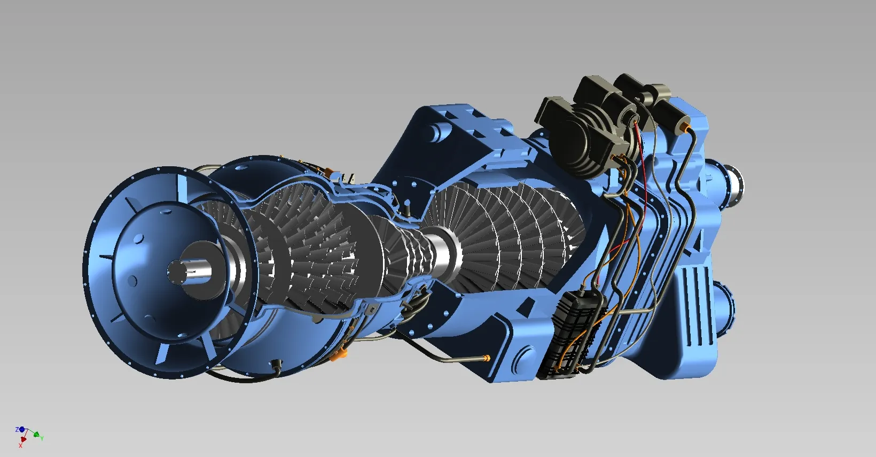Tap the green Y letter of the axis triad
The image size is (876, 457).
[x=42, y=438]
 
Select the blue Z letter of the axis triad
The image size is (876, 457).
[x=17, y=430]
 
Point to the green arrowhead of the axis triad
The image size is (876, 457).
[x=36, y=434]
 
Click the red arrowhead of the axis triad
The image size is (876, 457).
[x=22, y=440]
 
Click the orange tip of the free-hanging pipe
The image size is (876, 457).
[x=486, y=358]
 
